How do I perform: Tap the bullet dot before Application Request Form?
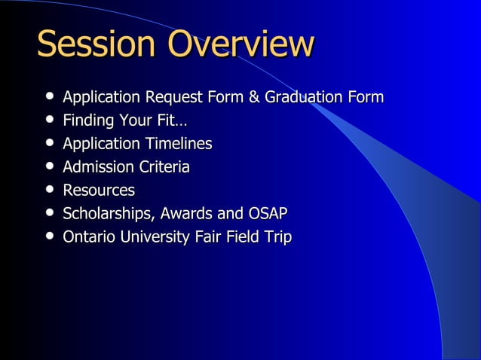[x=49, y=97]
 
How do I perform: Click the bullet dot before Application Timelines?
[x=49, y=144]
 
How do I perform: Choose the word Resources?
[x=99, y=191]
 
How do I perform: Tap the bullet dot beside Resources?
[x=49, y=191]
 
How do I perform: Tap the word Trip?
[x=277, y=237]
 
